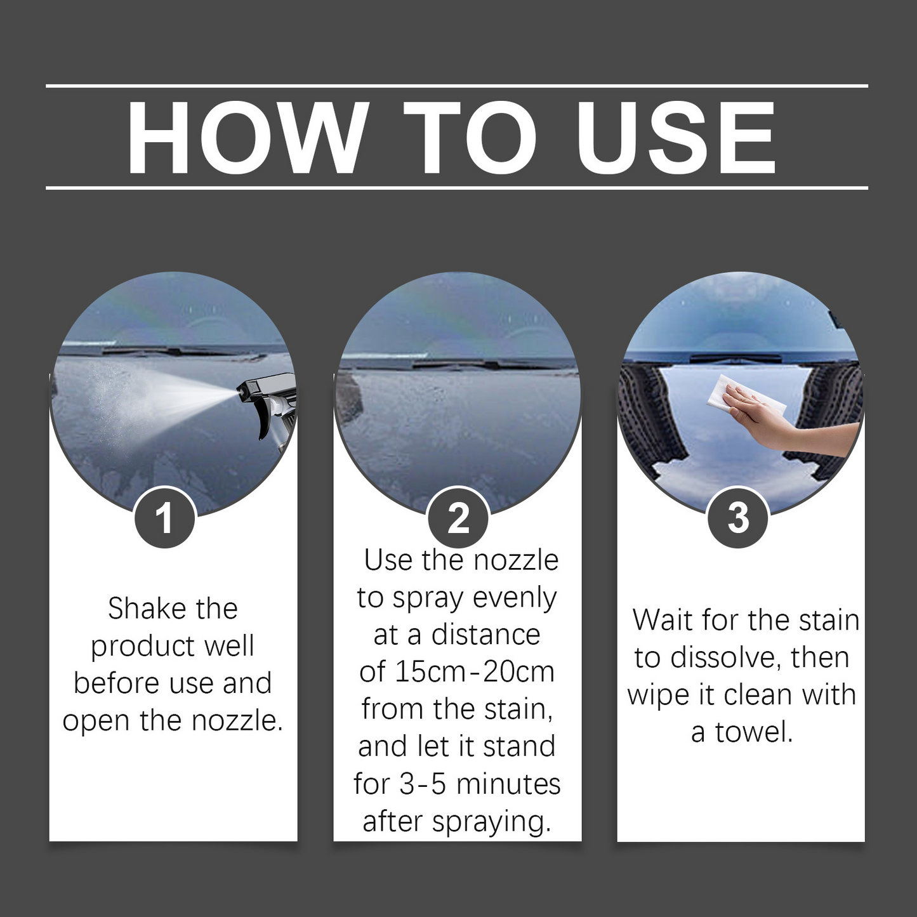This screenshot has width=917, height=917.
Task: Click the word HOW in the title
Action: click(x=247, y=138)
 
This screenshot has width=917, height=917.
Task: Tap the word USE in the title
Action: click(x=676, y=138)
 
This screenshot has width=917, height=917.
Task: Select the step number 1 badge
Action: click(x=164, y=518)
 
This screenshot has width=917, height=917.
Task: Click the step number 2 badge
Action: click(x=458, y=518)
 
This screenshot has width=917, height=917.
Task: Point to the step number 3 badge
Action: click(x=738, y=518)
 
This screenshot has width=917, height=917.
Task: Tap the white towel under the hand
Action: click(x=742, y=399)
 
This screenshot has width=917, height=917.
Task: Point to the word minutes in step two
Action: click(x=508, y=784)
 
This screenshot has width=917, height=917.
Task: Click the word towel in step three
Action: click(x=754, y=732)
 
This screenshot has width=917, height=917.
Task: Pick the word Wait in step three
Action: click(x=662, y=621)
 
